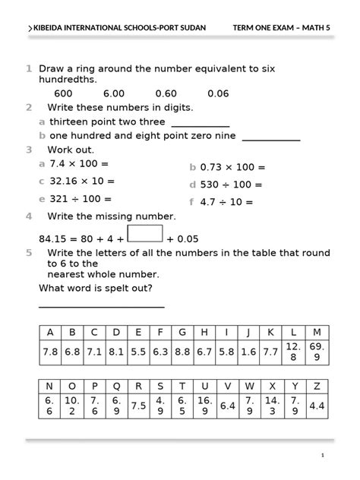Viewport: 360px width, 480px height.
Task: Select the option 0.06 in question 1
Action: [x=218, y=93]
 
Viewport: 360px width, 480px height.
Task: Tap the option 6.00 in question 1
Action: [x=114, y=93]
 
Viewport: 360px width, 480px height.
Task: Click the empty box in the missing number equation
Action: [x=144, y=232]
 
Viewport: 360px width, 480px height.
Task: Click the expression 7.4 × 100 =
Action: [x=79, y=163]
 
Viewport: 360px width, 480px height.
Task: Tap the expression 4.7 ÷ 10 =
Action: [x=226, y=202]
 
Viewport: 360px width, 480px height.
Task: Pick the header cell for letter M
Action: [x=317, y=333]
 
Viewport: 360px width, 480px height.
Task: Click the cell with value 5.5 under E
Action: [x=138, y=352]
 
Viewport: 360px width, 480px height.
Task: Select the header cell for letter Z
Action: [x=317, y=385]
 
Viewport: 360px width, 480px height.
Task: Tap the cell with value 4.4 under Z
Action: [x=317, y=406]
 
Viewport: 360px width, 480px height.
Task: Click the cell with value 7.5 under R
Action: [x=138, y=406]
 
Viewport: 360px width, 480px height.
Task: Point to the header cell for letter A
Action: [x=50, y=333]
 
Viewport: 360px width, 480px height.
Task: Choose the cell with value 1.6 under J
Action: [x=248, y=352]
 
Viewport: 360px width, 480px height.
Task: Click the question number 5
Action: [x=29, y=252]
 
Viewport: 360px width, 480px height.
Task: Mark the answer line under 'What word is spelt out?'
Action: [x=101, y=306]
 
